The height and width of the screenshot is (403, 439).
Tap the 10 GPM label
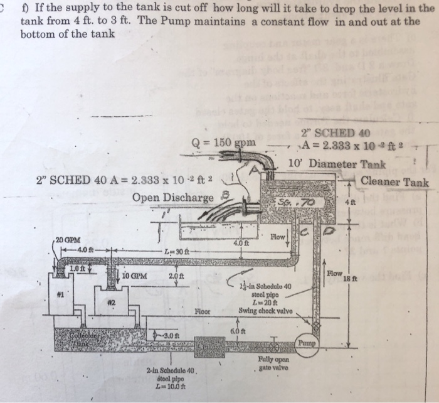135,274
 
